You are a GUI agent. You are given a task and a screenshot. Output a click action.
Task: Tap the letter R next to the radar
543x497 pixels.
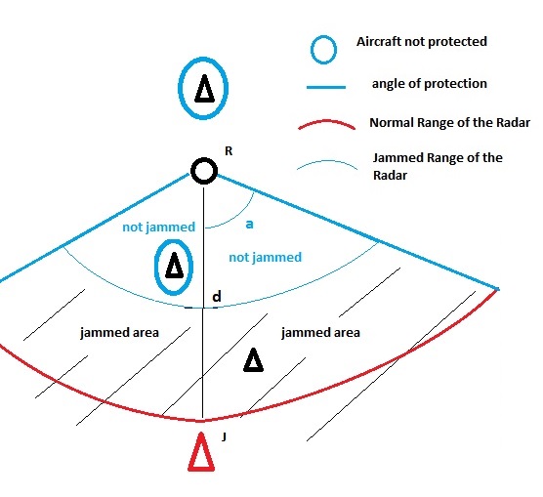[229, 151]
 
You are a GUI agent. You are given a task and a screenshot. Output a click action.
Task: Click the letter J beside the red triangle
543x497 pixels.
[224, 437]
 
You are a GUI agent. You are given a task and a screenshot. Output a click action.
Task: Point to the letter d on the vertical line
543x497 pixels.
[217, 297]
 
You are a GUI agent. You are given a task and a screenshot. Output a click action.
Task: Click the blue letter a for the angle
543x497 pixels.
[249, 225]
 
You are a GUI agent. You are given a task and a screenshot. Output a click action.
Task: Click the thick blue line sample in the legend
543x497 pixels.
[326, 87]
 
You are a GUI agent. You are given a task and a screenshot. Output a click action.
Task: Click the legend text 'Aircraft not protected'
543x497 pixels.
[422, 42]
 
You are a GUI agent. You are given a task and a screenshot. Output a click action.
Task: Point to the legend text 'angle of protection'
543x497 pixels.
[430, 84]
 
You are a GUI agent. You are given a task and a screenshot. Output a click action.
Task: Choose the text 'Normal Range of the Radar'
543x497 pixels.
[449, 123]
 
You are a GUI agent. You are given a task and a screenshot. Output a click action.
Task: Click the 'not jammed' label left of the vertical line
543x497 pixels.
[159, 228]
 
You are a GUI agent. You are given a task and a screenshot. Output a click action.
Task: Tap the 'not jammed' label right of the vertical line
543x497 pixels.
[266, 258]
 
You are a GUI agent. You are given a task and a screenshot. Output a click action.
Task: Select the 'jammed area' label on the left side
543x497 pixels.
[119, 333]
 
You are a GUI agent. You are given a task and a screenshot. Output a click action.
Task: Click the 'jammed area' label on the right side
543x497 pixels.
[320, 333]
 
